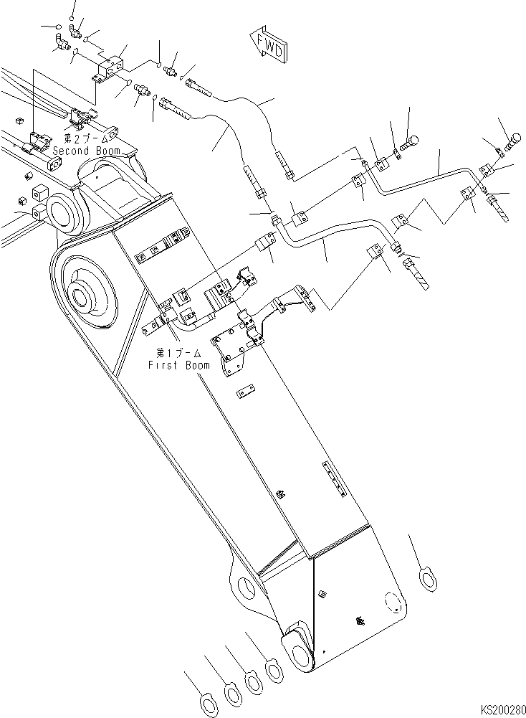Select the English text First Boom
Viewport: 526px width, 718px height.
[x=179, y=365]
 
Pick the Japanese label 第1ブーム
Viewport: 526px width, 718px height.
[x=179, y=354]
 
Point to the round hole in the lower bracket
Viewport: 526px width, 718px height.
[x=244, y=587]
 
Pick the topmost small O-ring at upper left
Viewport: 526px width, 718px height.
[x=72, y=16]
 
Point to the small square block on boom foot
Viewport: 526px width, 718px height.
[x=322, y=592]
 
